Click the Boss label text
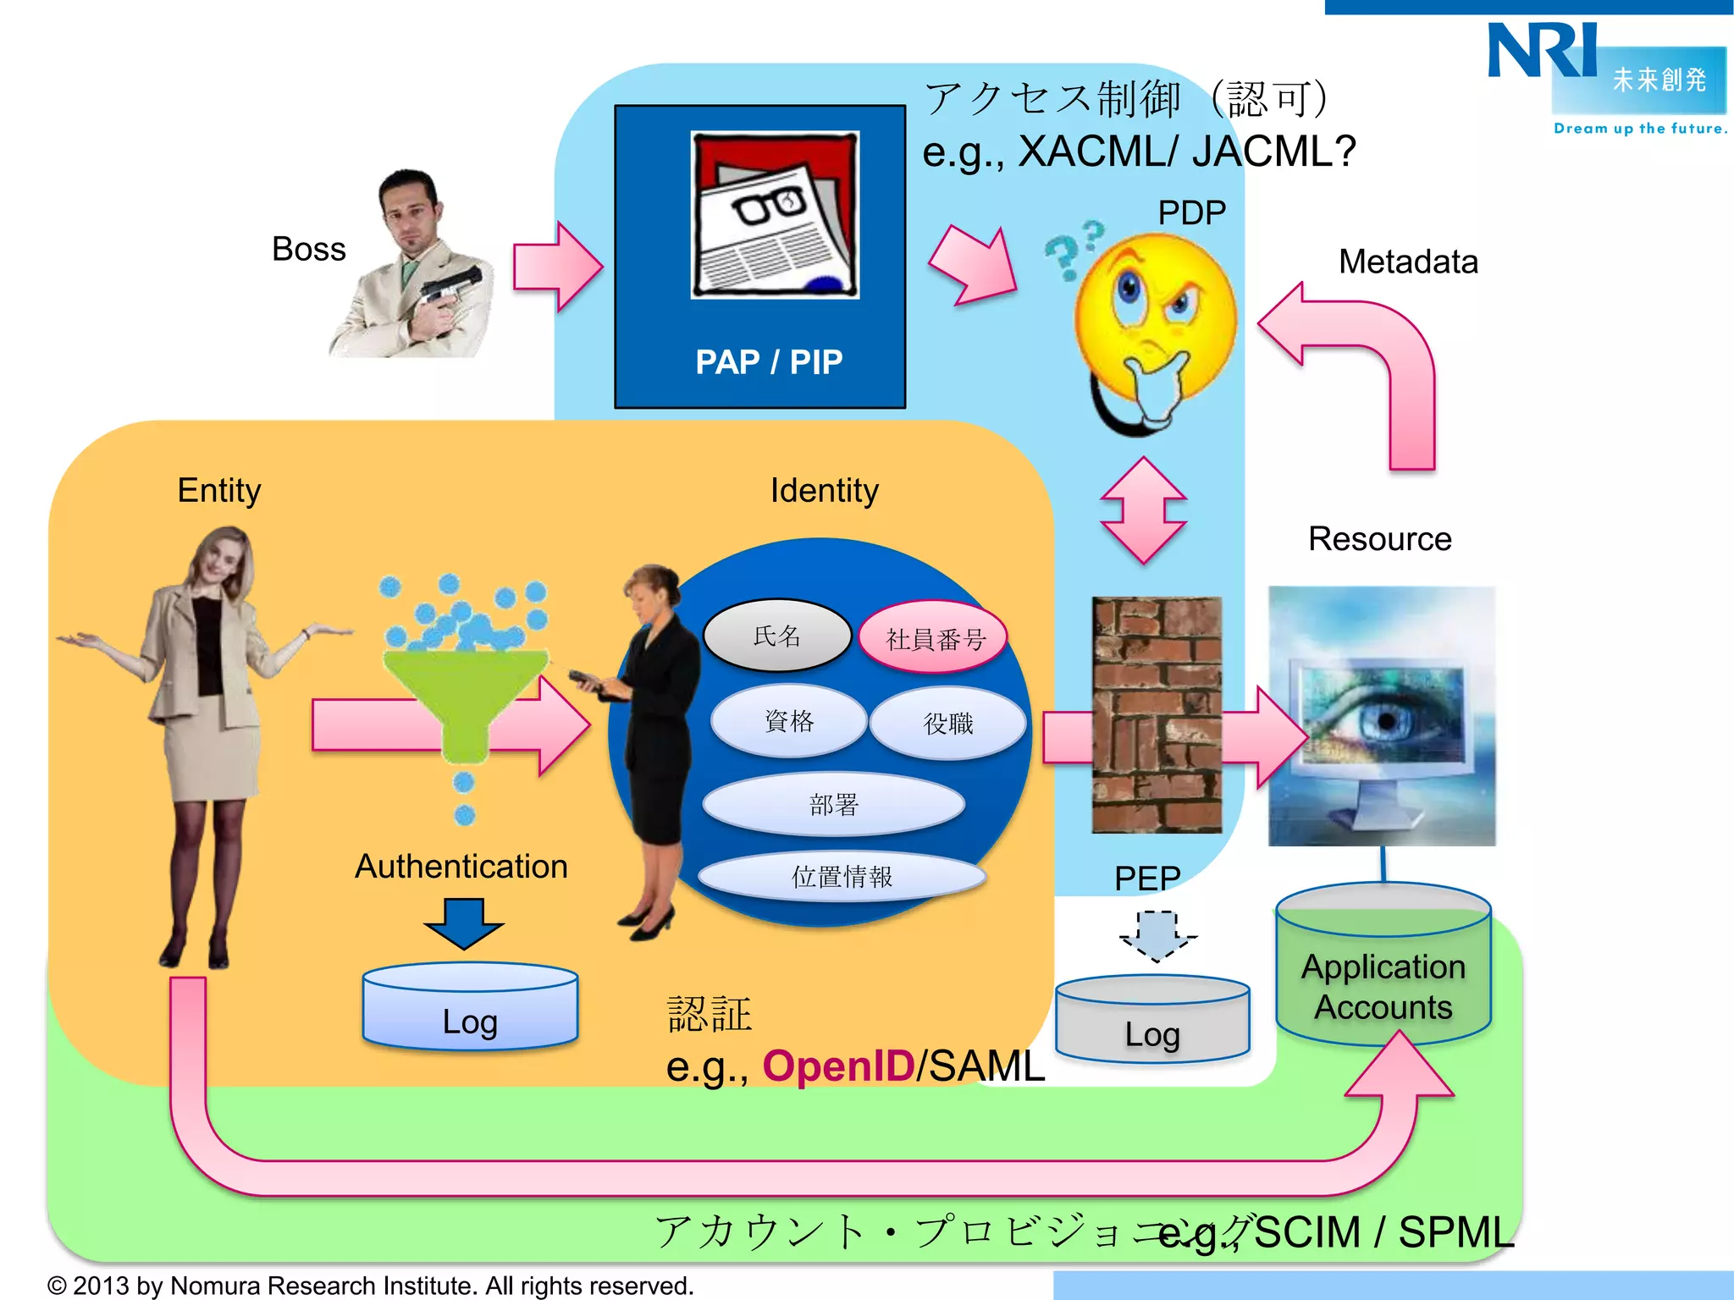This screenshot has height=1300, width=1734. click(x=309, y=250)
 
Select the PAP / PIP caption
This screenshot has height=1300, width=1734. click(x=769, y=362)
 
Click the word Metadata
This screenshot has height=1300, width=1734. click(x=1408, y=262)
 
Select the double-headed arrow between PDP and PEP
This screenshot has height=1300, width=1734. click(x=1144, y=510)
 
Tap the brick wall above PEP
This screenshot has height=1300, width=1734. click(x=1157, y=715)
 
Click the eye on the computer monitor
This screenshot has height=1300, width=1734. click(x=1385, y=719)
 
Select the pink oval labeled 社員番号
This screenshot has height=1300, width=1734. click(x=934, y=639)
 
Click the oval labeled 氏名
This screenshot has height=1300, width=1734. click(x=776, y=636)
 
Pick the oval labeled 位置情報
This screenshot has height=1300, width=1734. click(x=842, y=877)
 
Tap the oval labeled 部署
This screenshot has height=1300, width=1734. click(x=834, y=804)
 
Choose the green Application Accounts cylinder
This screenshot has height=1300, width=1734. click(x=1383, y=973)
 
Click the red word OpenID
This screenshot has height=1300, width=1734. click(x=838, y=1066)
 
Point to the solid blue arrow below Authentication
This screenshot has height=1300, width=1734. click(x=464, y=923)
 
